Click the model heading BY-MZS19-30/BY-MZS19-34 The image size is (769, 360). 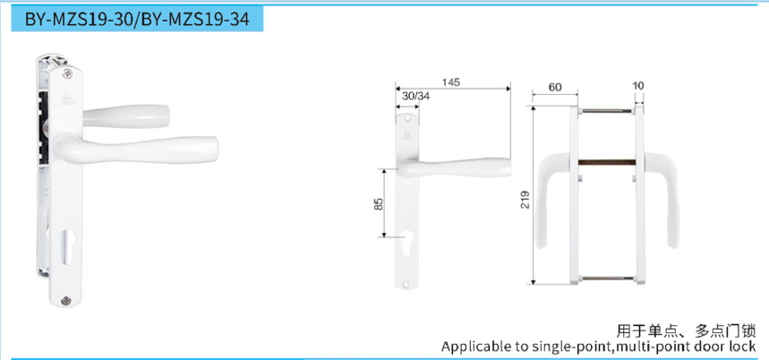pyautogui.click(x=137, y=19)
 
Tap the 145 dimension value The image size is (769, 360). pyautogui.click(x=450, y=82)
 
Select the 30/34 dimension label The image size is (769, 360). pyautogui.click(x=416, y=96)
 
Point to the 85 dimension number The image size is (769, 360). pyautogui.click(x=378, y=204)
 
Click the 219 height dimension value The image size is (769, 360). pyautogui.click(x=525, y=200)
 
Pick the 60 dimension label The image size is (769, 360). pyautogui.click(x=555, y=87)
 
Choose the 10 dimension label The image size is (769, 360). pyautogui.click(x=638, y=86)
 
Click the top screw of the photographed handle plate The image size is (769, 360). pyautogui.click(x=67, y=73)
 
